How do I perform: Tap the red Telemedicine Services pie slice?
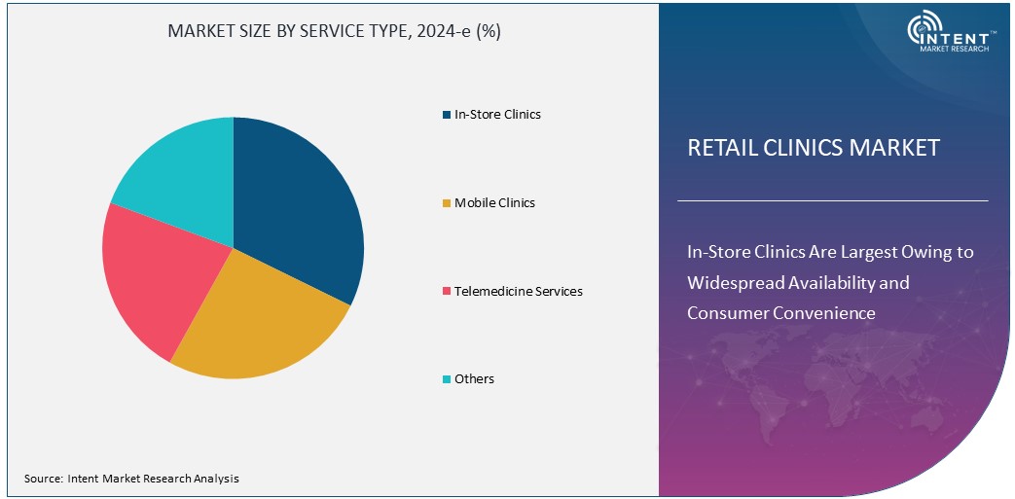click(x=156, y=282)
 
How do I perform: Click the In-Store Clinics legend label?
click(x=497, y=114)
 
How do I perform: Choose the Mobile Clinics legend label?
click(x=494, y=202)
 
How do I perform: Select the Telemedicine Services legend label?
click(x=518, y=291)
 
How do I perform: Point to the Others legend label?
click(x=474, y=378)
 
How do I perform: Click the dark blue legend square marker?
click(x=446, y=115)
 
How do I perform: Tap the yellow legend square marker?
click(x=446, y=203)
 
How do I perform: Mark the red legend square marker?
click(x=446, y=292)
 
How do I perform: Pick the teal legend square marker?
click(x=446, y=379)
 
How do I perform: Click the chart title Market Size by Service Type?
click(x=334, y=30)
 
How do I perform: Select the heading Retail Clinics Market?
click(x=814, y=148)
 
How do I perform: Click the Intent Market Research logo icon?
click(x=924, y=30)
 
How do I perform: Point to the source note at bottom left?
click(x=131, y=479)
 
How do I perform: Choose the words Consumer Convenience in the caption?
click(x=781, y=313)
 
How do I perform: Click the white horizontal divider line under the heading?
click(x=832, y=201)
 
